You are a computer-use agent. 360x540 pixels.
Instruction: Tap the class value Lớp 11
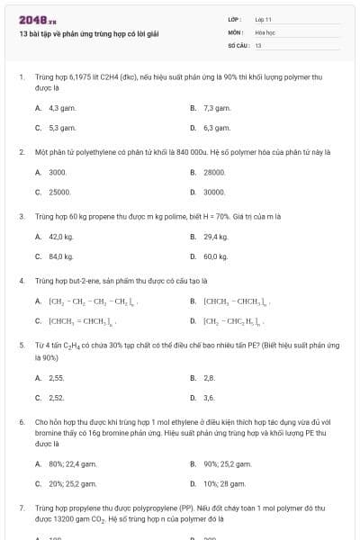pos(264,19)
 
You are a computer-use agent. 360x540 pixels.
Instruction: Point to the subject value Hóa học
pos(265,31)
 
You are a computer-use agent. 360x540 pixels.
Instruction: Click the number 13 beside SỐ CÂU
pos(258,44)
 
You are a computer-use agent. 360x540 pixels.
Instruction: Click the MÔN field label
pos(235,31)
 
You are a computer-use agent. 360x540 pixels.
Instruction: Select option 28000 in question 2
pos(214,171)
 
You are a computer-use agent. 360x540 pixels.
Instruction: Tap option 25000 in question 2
pos(59,192)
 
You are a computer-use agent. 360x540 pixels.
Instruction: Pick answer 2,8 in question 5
pos(209,377)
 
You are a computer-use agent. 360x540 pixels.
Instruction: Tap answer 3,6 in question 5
pos(209,398)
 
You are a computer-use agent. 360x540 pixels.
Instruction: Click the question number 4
pos(21,280)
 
